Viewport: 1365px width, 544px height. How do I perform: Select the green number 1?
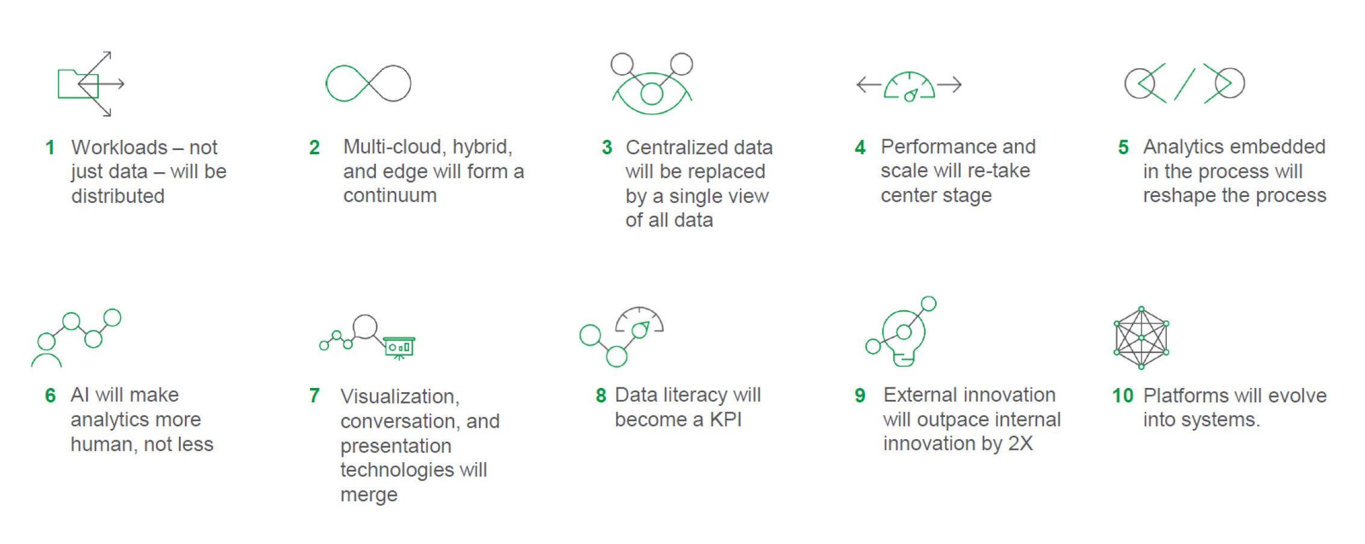pos(50,148)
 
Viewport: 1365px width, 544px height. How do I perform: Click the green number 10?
pos(1122,396)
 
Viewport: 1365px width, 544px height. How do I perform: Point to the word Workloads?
pos(119,148)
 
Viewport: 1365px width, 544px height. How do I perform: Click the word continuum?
pos(390,196)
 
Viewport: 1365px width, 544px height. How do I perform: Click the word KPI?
pos(725,420)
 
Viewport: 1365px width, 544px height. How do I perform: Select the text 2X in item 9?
pos(1020,444)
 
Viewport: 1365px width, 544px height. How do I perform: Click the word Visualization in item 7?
pos(399,397)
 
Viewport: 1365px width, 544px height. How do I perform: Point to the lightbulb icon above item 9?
pos(901,331)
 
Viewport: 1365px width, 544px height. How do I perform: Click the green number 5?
pos(1123,148)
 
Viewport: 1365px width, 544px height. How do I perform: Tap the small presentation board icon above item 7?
pos(399,348)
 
